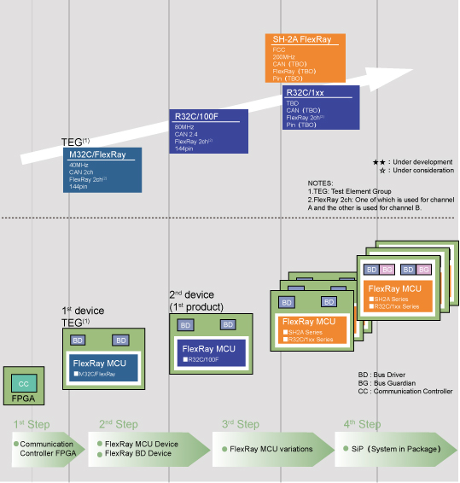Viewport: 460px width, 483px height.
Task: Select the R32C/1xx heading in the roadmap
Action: (x=306, y=92)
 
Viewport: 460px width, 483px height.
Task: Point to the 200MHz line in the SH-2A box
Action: (x=285, y=56)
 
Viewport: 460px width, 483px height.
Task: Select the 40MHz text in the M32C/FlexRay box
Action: (x=79, y=165)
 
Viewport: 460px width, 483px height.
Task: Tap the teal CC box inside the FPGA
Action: (x=24, y=384)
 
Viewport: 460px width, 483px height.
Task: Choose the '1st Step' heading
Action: (x=32, y=424)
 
